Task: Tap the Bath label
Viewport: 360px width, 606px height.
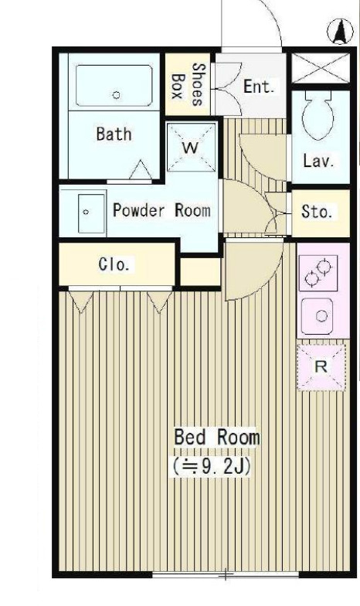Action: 114,134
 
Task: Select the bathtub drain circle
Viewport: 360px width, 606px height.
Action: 116,94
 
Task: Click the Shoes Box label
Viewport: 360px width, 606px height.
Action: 188,84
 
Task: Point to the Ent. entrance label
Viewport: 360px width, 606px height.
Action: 259,87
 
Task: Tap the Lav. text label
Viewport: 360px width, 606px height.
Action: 318,161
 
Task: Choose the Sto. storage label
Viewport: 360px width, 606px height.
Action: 317,212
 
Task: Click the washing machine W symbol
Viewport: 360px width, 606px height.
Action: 192,147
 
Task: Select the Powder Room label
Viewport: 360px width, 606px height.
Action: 162,210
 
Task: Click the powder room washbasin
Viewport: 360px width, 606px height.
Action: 91,213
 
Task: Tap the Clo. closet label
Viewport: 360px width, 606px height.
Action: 114,264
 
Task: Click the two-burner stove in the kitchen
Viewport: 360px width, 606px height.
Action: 318,272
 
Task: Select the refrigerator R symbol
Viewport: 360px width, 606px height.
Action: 321,366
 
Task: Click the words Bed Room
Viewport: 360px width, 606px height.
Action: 216,437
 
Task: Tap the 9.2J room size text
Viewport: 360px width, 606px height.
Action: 212,467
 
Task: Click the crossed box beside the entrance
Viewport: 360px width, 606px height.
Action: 320,68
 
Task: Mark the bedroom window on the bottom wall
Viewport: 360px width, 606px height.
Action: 226,575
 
